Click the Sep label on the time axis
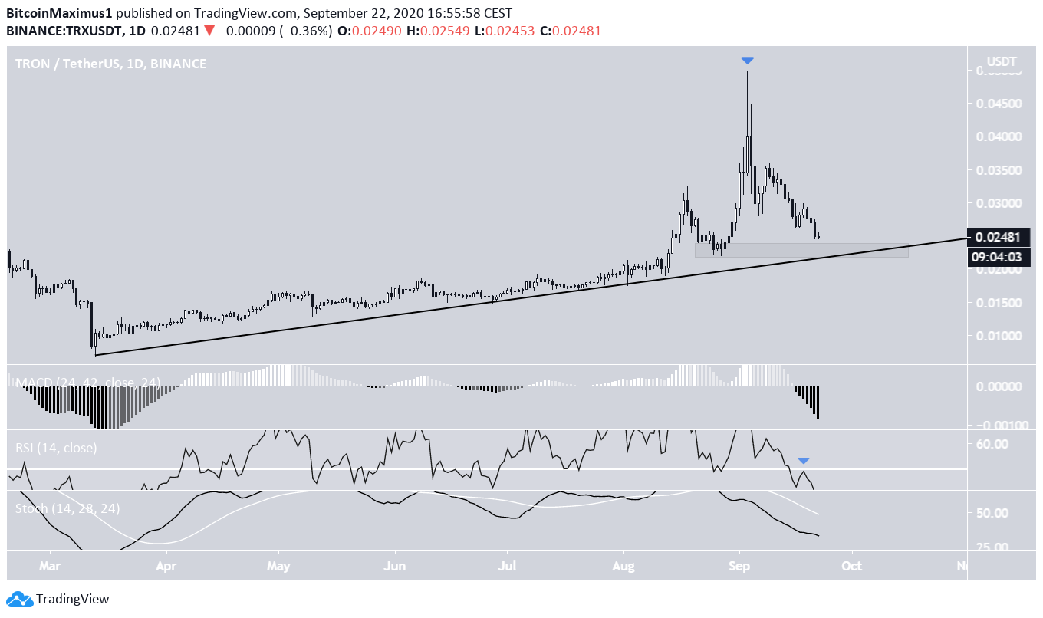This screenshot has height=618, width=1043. pos(739,567)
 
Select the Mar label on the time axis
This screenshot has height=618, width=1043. pos(51,567)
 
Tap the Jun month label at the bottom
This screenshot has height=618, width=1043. pos(394,567)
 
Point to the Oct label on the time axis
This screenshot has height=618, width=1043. pos(851,567)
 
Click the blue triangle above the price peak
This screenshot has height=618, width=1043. pos(748,61)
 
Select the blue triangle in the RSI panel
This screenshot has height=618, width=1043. pos(803,460)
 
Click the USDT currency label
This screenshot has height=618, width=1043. pos(1002,61)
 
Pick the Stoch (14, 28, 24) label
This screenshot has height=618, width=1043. pos(67,508)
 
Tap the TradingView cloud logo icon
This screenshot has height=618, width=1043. pos(19,600)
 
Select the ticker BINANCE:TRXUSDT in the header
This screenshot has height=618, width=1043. pos(64,31)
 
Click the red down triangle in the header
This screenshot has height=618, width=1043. pos(209,31)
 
